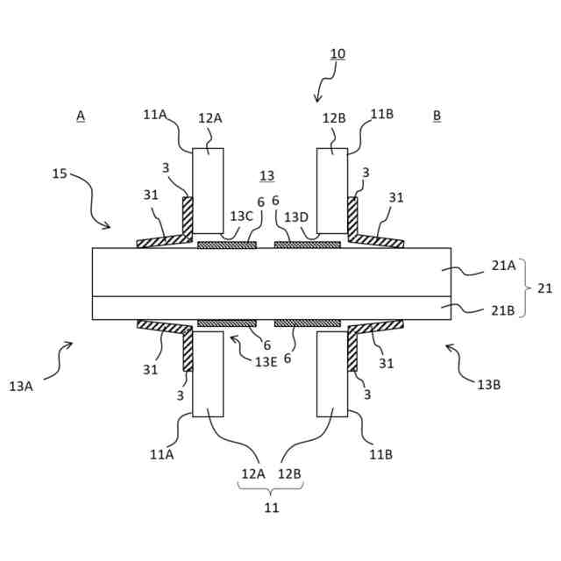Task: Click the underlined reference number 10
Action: tap(337, 54)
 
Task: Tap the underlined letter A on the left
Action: tap(81, 116)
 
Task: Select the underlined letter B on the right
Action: tap(437, 116)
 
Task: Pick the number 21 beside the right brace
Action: tap(544, 288)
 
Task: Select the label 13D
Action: tap(296, 217)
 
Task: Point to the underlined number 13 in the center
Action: tap(266, 175)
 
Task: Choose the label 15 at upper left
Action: tap(60, 174)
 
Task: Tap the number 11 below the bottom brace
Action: tap(272, 507)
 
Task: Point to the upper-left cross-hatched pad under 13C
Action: tap(227, 245)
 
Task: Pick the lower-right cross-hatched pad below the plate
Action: tap(307, 323)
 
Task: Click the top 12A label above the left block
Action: tap(209, 118)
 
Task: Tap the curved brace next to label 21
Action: tap(525, 288)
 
